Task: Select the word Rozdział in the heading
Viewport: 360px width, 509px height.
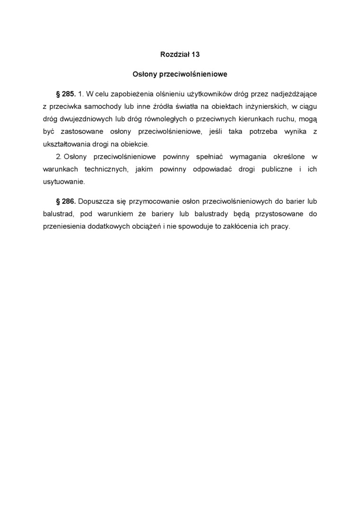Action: (x=175, y=54)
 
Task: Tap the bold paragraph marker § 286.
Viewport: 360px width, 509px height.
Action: (x=66, y=201)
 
